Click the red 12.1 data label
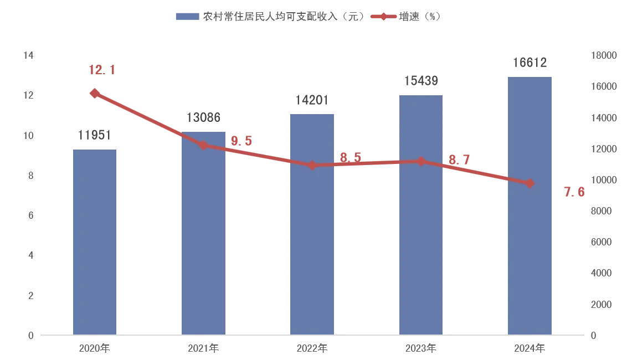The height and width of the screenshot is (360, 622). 102,70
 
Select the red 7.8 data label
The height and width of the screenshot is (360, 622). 573,193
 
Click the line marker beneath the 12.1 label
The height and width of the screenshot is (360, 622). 95,93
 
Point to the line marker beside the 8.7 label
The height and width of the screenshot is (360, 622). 421,162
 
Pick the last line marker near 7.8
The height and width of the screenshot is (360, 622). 530,183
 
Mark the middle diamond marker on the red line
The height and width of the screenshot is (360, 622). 312,165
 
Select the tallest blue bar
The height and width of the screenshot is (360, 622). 530,205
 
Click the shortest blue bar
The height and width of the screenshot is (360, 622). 95,241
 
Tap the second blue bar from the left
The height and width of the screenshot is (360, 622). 204,232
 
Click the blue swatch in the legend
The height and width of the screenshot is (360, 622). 186,16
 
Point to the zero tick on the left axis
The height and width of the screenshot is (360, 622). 30,335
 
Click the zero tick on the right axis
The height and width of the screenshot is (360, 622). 593,335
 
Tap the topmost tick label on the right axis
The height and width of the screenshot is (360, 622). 601,56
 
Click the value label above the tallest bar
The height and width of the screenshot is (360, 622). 530,64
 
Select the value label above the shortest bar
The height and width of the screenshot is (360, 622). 95,136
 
